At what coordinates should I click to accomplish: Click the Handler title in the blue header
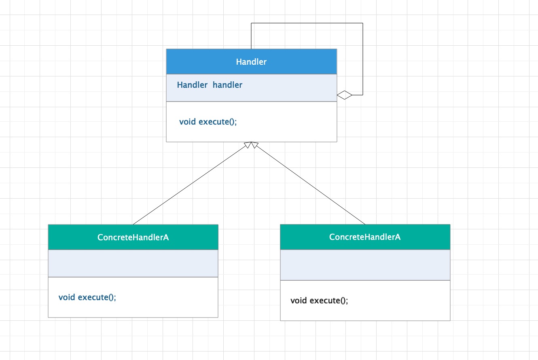point(251,62)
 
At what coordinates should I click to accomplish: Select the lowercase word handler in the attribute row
point(227,85)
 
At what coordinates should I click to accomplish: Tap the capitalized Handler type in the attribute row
point(192,85)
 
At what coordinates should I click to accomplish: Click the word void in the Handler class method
point(188,121)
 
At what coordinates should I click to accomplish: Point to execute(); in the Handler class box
point(218,122)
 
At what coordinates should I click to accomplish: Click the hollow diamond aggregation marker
point(344,95)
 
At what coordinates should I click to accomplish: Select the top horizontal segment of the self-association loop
point(307,23)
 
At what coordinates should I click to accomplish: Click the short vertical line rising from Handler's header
point(251,36)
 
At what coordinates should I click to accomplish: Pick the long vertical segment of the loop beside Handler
point(363,59)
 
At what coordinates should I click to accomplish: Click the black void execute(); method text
point(319,301)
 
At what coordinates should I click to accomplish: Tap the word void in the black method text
point(299,301)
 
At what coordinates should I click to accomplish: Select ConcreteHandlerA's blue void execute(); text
point(87,297)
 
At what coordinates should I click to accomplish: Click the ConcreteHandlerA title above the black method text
point(365,237)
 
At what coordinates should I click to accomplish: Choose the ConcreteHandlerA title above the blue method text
point(133,237)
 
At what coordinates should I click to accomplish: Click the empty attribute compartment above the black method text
point(365,265)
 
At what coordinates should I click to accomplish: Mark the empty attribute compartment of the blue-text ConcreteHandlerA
point(133,263)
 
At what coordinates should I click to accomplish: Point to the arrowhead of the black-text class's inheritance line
point(254,144)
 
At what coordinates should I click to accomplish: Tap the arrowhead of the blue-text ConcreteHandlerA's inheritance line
point(248,144)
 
